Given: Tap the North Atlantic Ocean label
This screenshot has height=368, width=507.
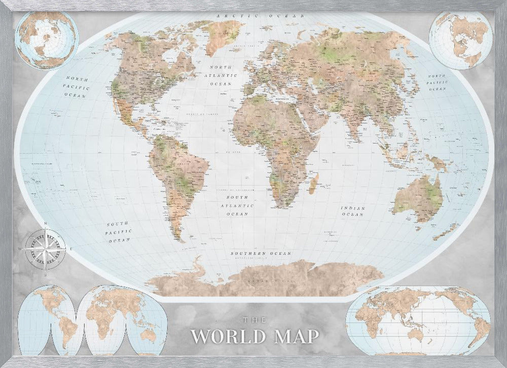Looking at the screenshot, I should coord(222,75).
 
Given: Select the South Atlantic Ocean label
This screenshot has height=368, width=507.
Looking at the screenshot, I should coord(237,206).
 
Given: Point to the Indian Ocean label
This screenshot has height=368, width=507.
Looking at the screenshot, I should coord(352,211).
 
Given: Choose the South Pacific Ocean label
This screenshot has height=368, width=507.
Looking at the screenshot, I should coord(119,231).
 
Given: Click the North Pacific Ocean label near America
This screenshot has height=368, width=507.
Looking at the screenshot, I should coord(77,87).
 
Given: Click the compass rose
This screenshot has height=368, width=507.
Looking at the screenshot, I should coord(45,248).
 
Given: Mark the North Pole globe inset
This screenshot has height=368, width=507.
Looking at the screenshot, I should coord(46,40).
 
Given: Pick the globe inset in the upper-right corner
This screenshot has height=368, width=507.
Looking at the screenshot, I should coord(460,39).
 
